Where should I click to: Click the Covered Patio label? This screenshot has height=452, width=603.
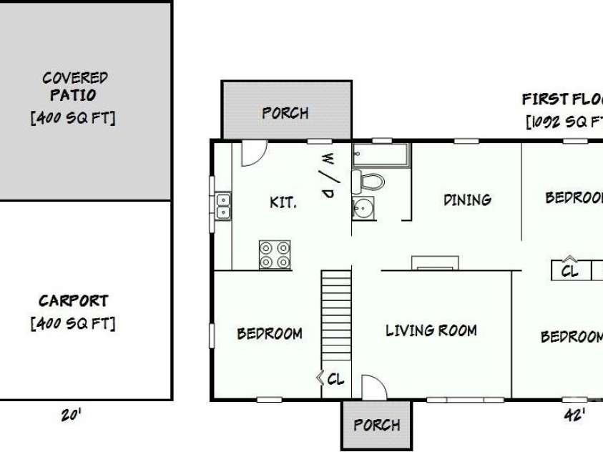click(x=74, y=86)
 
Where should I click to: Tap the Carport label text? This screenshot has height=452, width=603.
click(x=73, y=301)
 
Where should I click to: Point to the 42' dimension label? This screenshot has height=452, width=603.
click(x=574, y=416)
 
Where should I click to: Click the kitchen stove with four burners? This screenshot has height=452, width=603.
click(x=275, y=255)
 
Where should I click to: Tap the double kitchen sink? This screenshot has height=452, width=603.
click(x=223, y=205)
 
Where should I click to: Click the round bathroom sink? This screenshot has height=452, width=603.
click(x=363, y=208)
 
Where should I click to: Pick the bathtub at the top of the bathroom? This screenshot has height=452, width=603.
click(x=381, y=154)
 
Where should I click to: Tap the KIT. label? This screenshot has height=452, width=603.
click(x=283, y=202)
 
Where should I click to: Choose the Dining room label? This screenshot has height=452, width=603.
click(x=467, y=200)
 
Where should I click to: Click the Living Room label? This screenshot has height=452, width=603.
click(x=431, y=330)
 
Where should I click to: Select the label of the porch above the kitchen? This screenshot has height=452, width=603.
click(x=285, y=113)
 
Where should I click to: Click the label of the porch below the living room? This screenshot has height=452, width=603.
click(x=376, y=425)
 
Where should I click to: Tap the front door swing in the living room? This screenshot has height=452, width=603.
click(x=373, y=387)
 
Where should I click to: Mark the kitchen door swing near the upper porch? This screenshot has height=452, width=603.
click(x=253, y=152)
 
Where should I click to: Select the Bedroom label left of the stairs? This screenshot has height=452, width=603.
click(x=269, y=333)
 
